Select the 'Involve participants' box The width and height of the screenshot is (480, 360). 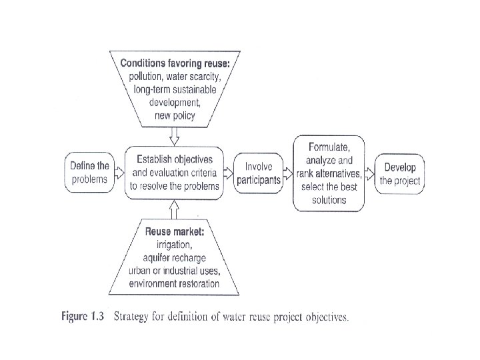259,173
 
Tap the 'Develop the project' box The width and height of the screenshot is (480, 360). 399,173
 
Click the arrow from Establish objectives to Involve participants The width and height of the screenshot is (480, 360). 229,173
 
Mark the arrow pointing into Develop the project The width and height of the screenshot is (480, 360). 370,173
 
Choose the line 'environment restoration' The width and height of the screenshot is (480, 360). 174,283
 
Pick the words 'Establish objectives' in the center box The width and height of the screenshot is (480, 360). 174,159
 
